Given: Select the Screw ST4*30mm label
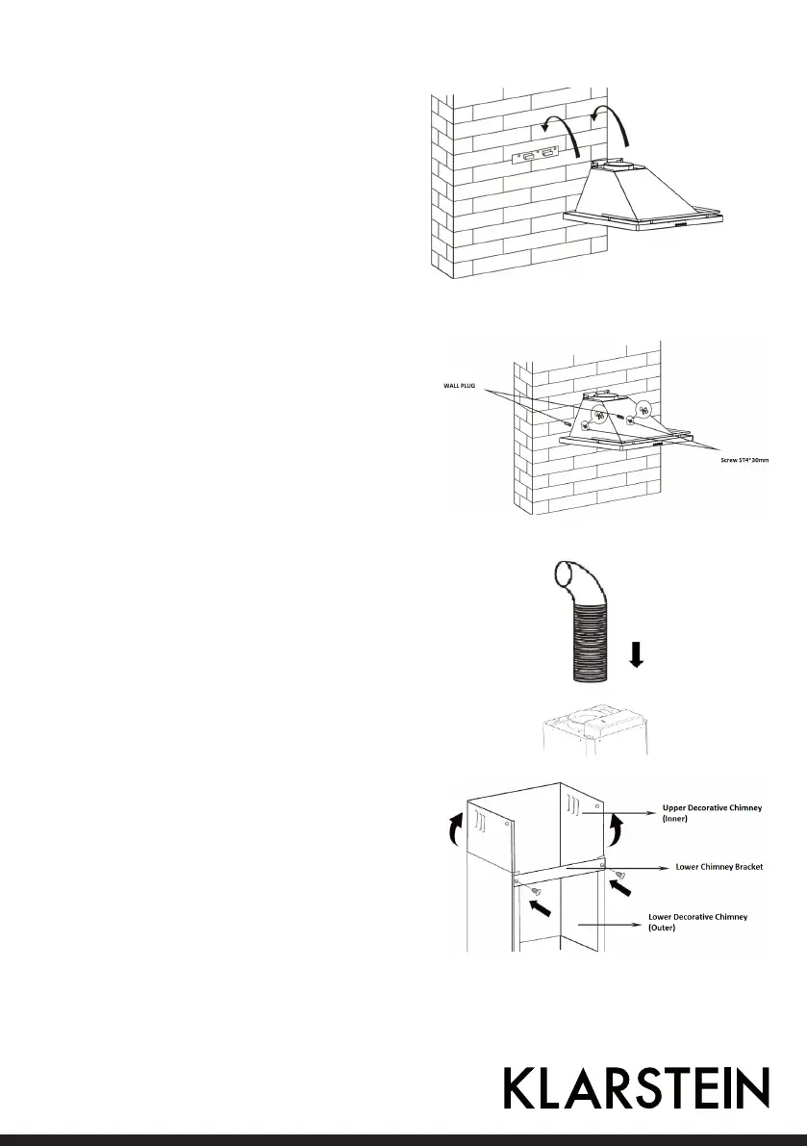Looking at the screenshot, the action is [746, 461].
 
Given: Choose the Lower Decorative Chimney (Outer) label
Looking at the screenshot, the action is [705, 923].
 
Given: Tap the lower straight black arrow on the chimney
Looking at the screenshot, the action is [541, 905].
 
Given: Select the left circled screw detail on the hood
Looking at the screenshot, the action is [597, 417].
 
